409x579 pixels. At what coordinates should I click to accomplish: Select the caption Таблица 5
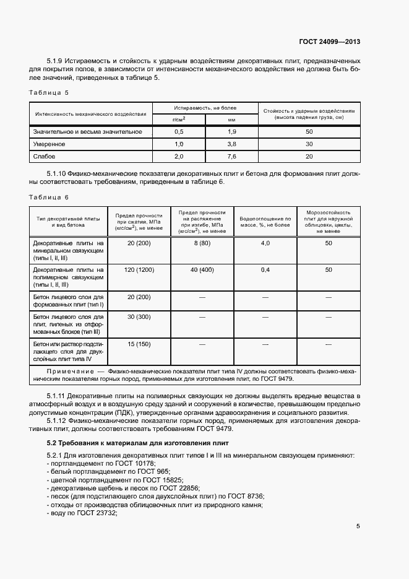pos(49,92)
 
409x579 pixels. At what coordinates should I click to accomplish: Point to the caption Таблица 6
pos(49,197)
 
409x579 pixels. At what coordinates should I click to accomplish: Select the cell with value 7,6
pos(231,156)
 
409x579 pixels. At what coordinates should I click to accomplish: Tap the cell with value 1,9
pos(231,132)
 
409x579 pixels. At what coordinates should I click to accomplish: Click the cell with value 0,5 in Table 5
pos(179,132)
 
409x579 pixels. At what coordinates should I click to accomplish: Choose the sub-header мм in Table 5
pos(231,118)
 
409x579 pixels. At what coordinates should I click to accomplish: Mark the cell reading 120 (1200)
pos(139,270)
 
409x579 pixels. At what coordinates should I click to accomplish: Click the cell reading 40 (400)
pos(202,270)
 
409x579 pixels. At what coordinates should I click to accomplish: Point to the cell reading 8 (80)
pos(202,243)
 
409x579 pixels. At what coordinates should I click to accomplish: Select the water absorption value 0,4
pos(265,270)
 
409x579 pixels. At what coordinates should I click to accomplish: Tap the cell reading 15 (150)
pos(139,344)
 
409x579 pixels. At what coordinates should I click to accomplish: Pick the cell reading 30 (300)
pos(139,317)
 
